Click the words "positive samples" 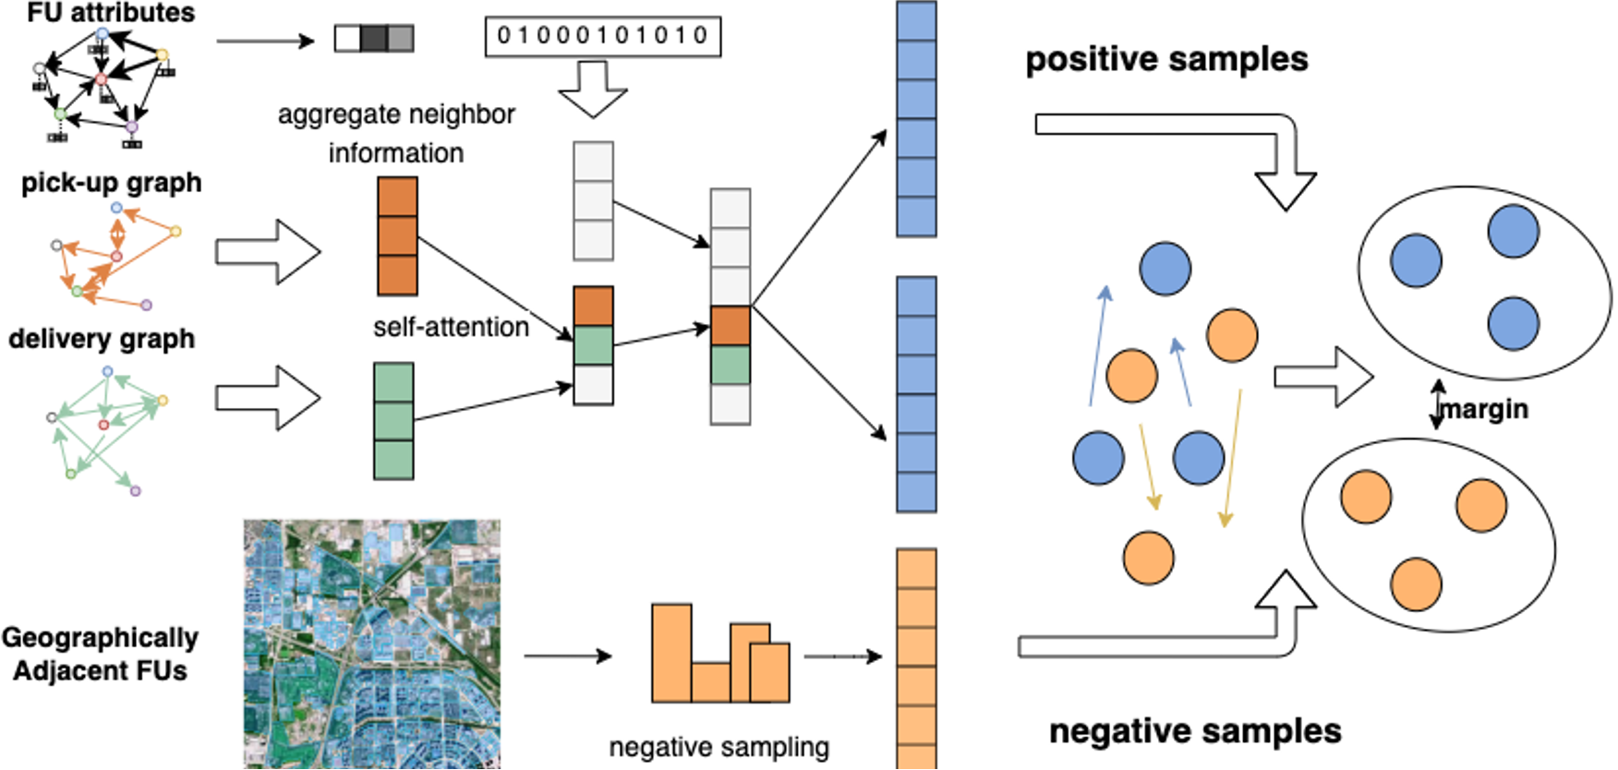coord(1166,59)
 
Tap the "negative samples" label coord(1195,730)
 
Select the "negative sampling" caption coord(718,746)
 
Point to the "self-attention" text coord(451,327)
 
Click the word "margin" coord(1485,408)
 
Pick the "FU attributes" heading coord(111,12)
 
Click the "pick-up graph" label coord(111,182)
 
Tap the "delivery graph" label coord(102,339)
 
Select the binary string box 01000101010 coord(602,37)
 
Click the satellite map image coord(371,644)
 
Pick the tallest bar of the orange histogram coord(671,653)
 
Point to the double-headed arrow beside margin coord(1437,404)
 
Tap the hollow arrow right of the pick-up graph coord(268,251)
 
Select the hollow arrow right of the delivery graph coord(268,398)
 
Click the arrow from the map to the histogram coord(567,656)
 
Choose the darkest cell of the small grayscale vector coord(373,39)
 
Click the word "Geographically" coord(100,637)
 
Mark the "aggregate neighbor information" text coord(396,133)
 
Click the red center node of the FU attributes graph coord(102,79)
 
